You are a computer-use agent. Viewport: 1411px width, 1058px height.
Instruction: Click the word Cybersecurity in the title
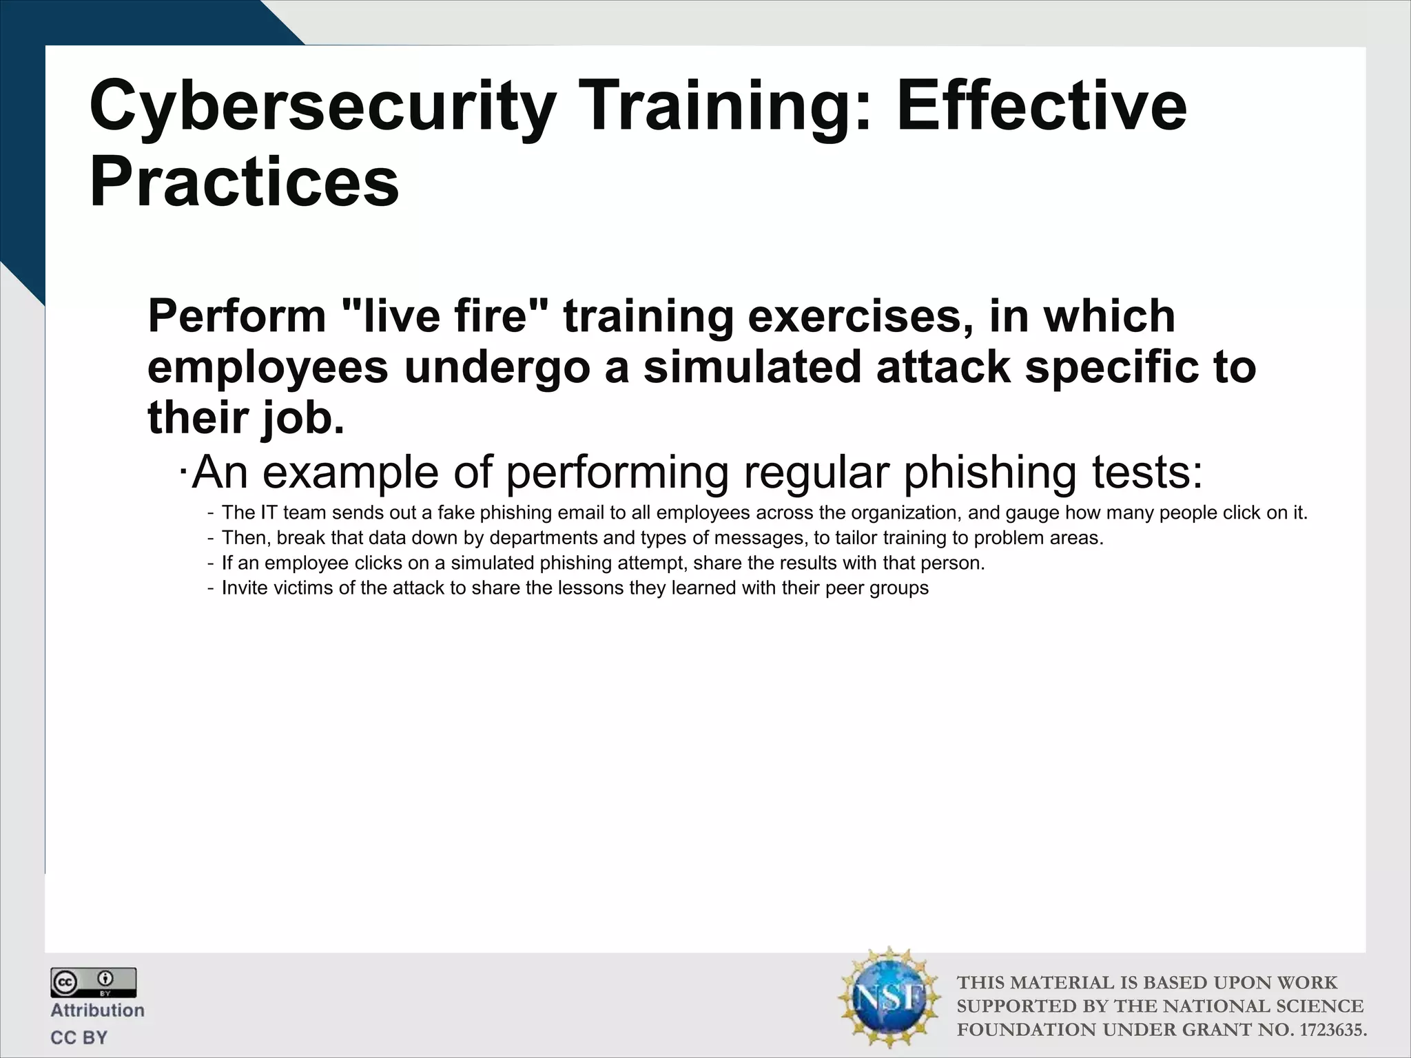coord(322,107)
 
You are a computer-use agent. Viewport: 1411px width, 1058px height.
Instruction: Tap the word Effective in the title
coord(1042,107)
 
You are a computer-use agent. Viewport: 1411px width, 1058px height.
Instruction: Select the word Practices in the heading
coord(244,181)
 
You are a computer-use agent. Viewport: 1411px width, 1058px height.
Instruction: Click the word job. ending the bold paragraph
coord(302,418)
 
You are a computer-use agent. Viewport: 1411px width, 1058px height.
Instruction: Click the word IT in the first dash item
coord(268,513)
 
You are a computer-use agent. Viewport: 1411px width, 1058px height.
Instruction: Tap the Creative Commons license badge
coord(93,982)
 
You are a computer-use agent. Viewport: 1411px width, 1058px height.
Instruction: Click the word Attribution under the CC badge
coord(97,1010)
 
